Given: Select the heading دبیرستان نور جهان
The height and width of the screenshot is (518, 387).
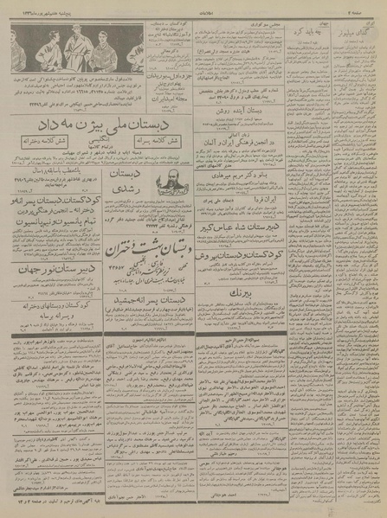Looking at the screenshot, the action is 52,291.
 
